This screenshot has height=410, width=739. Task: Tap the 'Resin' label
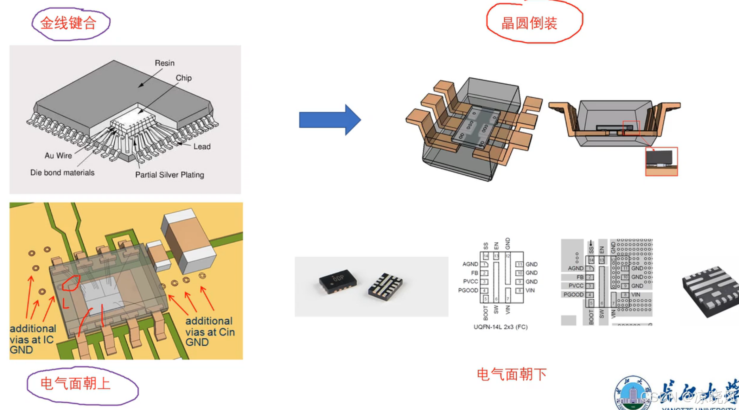click(x=165, y=63)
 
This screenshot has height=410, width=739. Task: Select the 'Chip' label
click(x=184, y=78)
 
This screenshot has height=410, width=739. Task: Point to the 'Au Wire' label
click(x=58, y=156)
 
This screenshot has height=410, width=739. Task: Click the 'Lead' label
click(x=202, y=147)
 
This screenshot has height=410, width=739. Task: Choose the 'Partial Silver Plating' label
click(x=169, y=175)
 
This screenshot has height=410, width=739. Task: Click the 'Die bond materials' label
click(x=62, y=173)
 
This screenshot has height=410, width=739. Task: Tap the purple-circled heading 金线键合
click(x=69, y=23)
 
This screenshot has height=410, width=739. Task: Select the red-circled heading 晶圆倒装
click(x=529, y=23)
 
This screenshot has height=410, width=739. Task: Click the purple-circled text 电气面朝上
click(x=75, y=384)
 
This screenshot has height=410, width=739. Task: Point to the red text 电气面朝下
click(x=512, y=374)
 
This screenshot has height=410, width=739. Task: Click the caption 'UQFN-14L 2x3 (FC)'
click(x=500, y=327)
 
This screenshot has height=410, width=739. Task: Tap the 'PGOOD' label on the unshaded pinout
click(x=468, y=291)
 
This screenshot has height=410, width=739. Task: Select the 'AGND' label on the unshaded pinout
click(x=470, y=264)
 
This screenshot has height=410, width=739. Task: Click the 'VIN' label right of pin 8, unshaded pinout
click(x=530, y=291)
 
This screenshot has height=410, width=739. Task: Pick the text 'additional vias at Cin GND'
click(x=210, y=331)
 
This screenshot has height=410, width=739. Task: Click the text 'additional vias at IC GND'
click(x=32, y=339)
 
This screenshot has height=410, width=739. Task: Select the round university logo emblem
click(x=633, y=393)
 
